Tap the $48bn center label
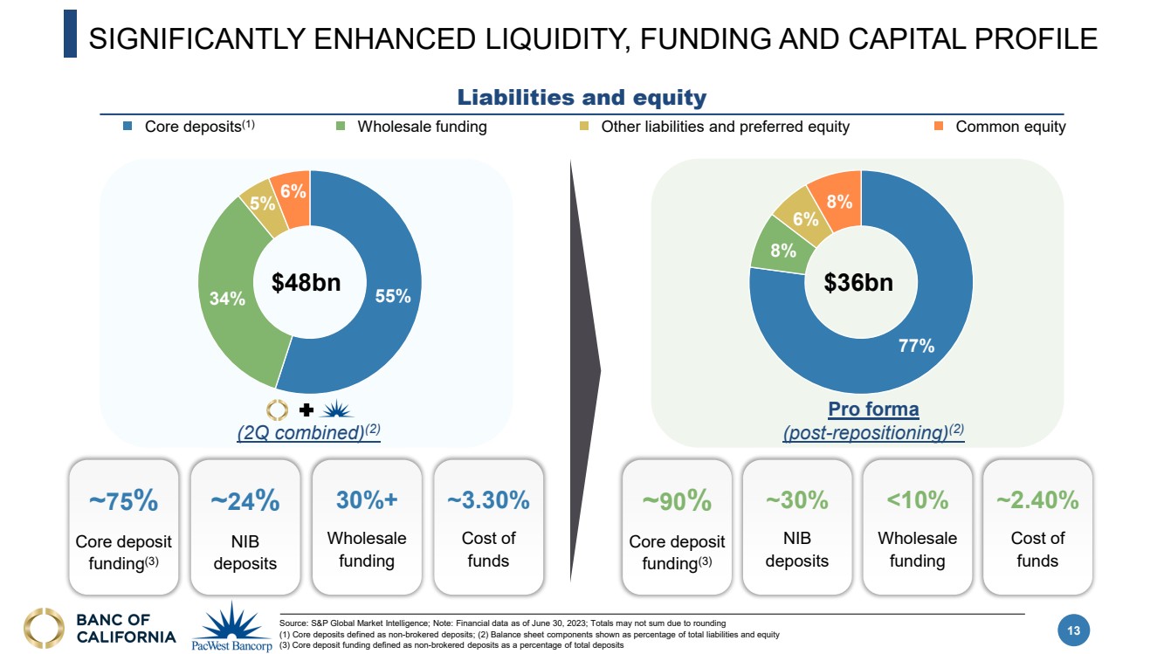pos(306,282)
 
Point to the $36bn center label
pos(859,282)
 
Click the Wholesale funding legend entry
pos(422,127)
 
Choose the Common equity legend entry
pos(1010,127)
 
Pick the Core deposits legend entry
pos(199,127)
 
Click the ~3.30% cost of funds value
pos(488,500)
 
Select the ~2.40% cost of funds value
pos(1037,500)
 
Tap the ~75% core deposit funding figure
pos(123,501)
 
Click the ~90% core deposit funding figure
pos(677,501)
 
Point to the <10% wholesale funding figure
pos(917,500)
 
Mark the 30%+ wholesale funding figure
pos(367,500)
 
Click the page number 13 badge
pos(1073,630)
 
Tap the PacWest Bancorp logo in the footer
pos(231,628)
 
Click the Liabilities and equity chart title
pos(582,98)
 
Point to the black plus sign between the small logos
pos(306,410)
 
